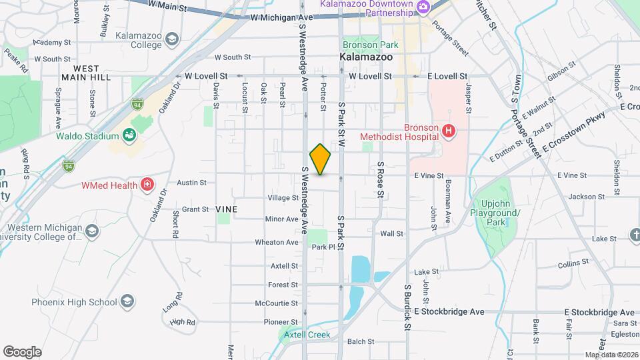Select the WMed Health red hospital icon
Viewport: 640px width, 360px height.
pos(147,185)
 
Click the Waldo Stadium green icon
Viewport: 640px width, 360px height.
pos(131,137)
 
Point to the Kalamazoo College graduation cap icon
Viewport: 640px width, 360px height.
pos(172,40)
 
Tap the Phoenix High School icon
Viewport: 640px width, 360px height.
pos(125,302)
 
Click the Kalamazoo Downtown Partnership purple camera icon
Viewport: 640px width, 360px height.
pos(422,8)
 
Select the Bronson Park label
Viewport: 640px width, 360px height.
pos(371,45)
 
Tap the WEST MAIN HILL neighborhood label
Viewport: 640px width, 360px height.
pos(86,73)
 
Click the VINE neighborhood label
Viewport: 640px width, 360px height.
pos(227,209)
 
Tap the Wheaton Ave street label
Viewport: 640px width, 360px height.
pos(277,243)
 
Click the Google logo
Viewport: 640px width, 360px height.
pos(22,352)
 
